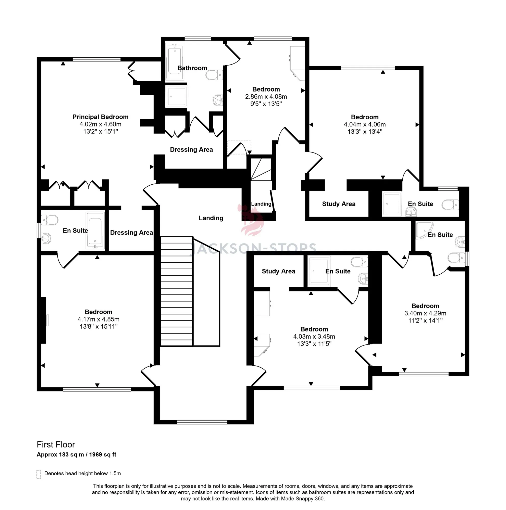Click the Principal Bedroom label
100,117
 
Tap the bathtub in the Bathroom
175,61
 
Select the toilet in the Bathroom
214,75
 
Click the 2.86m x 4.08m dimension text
266,97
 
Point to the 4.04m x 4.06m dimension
365,124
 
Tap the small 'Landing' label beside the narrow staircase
261,204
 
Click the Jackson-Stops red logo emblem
251,220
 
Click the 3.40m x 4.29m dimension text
425,313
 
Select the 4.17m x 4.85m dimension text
98,320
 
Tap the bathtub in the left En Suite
95,231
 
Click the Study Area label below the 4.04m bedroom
339,204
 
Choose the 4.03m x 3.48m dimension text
314,337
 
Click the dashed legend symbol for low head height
39,474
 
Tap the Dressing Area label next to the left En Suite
131,233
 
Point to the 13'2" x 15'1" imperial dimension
100,132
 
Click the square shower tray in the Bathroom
176,96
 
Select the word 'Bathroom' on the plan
192,68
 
